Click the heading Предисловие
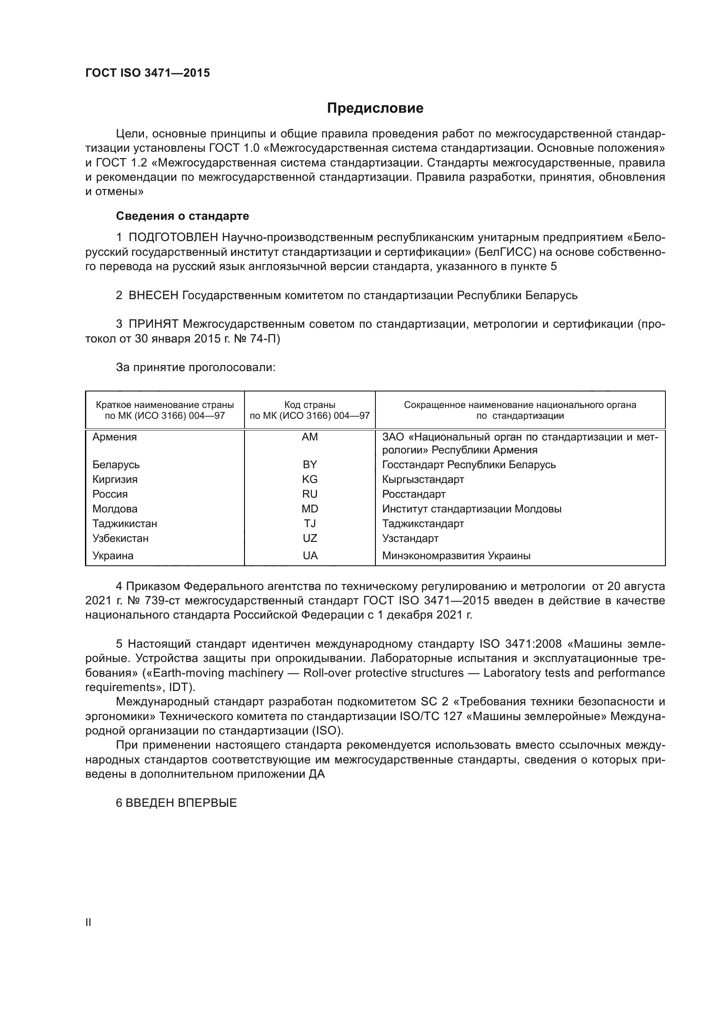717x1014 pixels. [375, 108]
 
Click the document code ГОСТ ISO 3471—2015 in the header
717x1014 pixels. [147, 73]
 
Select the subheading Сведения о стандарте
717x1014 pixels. [183, 216]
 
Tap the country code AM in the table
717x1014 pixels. [310, 437]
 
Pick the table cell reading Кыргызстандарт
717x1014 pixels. [423, 479]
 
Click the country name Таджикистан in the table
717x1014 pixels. [124, 523]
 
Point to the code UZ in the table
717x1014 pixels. [310, 538]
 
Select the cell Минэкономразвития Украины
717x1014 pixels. [456, 556]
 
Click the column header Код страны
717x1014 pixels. [310, 404]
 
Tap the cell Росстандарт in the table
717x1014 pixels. [414, 494]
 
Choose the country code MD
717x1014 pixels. [310, 509]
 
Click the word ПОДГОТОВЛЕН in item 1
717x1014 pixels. [173, 238]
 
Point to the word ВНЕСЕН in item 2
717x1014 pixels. [153, 295]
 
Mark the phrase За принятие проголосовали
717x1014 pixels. [196, 368]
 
